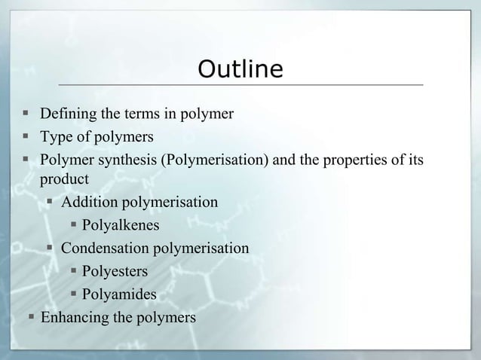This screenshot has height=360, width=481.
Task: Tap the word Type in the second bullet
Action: pyautogui.click(x=54, y=137)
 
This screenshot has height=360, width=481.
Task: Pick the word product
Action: pyautogui.click(x=64, y=180)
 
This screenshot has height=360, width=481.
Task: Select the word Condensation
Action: pyautogui.click(x=105, y=247)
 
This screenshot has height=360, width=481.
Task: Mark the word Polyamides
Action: pyautogui.click(x=119, y=294)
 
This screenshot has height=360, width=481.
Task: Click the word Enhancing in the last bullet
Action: pyautogui.click(x=73, y=317)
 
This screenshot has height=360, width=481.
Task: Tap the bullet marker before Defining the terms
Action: pyautogui.click(x=26, y=114)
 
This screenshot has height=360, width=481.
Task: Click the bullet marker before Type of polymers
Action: pyautogui.click(x=26, y=137)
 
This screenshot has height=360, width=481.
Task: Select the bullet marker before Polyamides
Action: pyautogui.click(x=73, y=294)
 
